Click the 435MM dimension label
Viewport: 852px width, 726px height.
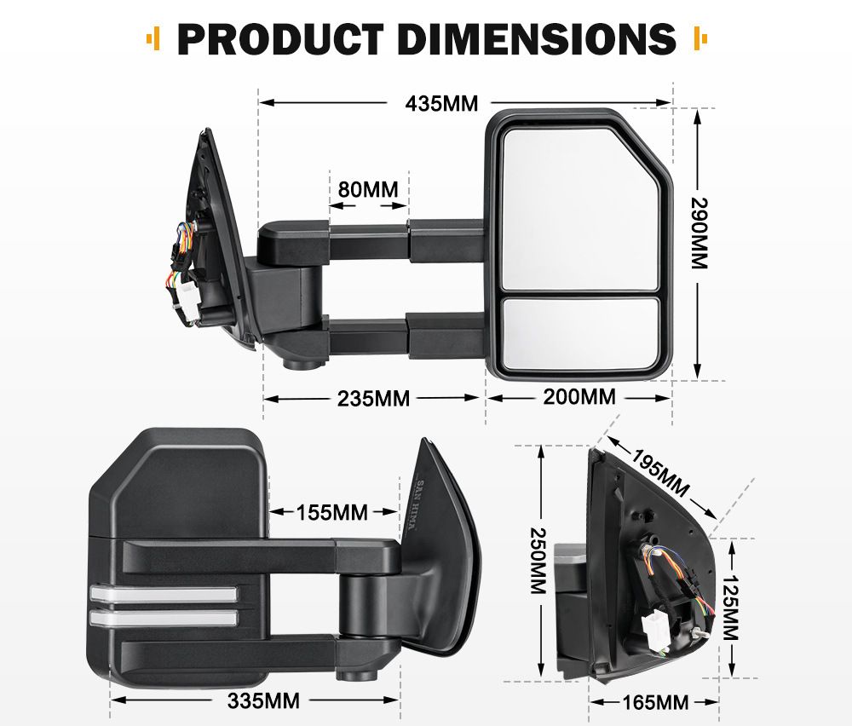click(x=441, y=103)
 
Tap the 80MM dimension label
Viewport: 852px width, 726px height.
click(x=368, y=190)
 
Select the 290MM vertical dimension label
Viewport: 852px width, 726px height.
click(x=699, y=233)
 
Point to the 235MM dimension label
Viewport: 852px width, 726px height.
click(x=373, y=399)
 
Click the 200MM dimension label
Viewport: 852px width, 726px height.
click(x=579, y=397)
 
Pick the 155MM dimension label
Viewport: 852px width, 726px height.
click(x=332, y=512)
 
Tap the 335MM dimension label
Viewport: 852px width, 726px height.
click(x=263, y=701)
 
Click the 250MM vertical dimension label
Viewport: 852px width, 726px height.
click(x=538, y=560)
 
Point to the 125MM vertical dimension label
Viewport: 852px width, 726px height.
click(x=730, y=608)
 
